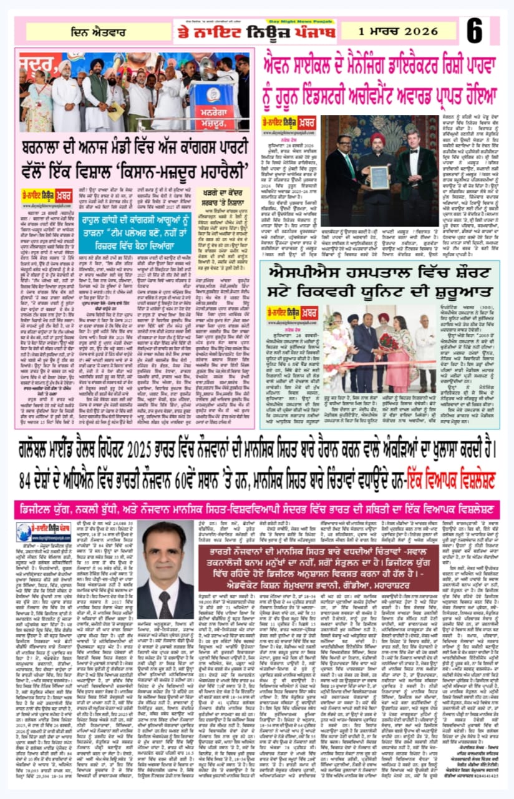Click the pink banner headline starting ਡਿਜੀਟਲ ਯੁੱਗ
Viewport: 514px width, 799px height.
[x=256, y=506]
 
